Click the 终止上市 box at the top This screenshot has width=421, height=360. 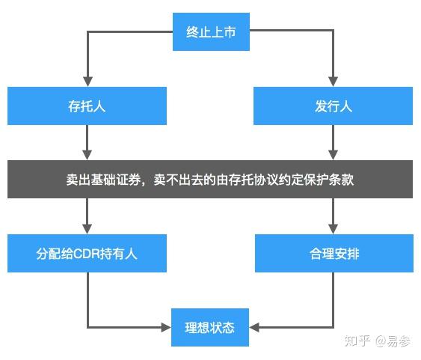(x=210, y=32)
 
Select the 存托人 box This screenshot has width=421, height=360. (x=87, y=106)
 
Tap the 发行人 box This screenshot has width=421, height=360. (x=333, y=106)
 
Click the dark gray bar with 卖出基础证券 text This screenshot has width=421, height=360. (x=210, y=180)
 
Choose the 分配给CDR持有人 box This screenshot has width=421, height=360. (x=87, y=253)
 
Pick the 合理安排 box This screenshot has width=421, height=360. (x=333, y=253)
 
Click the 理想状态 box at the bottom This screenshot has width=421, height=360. (x=210, y=327)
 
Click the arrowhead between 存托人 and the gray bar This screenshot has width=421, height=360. (x=87, y=154)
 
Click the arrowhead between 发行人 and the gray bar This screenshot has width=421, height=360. (x=333, y=154)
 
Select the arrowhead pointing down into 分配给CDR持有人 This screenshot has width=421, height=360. (x=87, y=228)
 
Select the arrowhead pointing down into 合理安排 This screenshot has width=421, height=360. (x=333, y=228)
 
